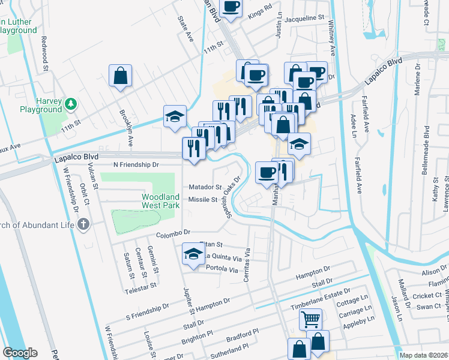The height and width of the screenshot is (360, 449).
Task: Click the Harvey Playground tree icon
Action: [71, 104]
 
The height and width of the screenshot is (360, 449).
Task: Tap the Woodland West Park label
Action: [160, 201]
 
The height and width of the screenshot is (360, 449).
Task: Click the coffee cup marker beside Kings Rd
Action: [231, 7]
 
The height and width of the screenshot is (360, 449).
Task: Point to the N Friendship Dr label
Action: [135, 164]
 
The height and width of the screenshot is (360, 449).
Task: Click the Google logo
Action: [20, 353]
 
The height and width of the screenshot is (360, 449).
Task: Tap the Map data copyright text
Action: [423, 355]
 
